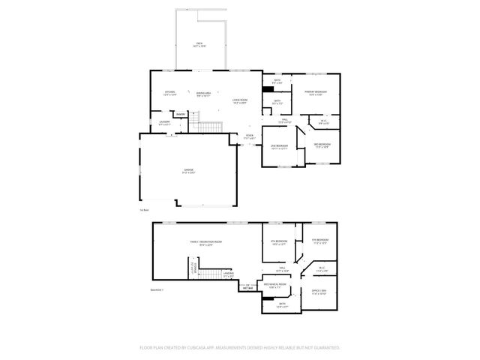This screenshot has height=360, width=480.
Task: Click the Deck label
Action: click(x=199, y=44)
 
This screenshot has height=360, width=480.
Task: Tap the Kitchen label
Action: click(x=169, y=92)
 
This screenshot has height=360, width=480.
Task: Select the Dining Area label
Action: click(x=202, y=93)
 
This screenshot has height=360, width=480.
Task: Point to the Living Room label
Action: click(x=240, y=100)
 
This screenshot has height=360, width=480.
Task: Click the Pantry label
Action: click(x=181, y=114)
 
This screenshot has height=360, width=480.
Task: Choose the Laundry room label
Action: click(x=164, y=121)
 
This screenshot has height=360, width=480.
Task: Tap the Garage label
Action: click(x=189, y=171)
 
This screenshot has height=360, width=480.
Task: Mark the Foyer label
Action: click(x=250, y=136)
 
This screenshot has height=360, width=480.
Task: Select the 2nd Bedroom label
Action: click(x=279, y=145)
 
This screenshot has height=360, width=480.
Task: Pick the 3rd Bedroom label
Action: click(x=322, y=144)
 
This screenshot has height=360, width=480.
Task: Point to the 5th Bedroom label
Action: click(x=321, y=240)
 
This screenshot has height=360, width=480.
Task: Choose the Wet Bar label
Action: click(x=244, y=285)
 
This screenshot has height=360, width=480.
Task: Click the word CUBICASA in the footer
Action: click(x=208, y=348)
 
